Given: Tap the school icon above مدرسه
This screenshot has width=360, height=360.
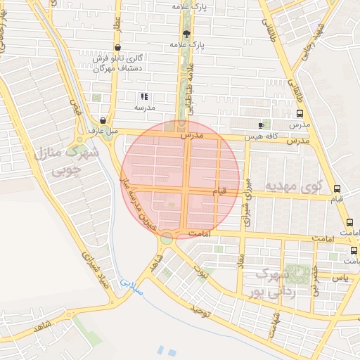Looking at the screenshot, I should [x=143, y=96].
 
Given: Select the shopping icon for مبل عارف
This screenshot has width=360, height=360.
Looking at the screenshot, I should [x=103, y=120].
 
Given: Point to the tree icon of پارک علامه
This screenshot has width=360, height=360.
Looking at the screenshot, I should [x=186, y=34].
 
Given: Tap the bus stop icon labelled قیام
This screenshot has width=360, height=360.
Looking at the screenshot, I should [x=337, y=188].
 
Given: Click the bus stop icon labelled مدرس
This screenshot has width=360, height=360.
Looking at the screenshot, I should [x=300, y=113].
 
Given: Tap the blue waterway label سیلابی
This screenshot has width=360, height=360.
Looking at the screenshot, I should [x=130, y=283].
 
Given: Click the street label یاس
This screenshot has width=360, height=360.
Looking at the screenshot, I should [x=340, y=278].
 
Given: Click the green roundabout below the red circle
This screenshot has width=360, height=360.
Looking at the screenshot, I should [x=166, y=239].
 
